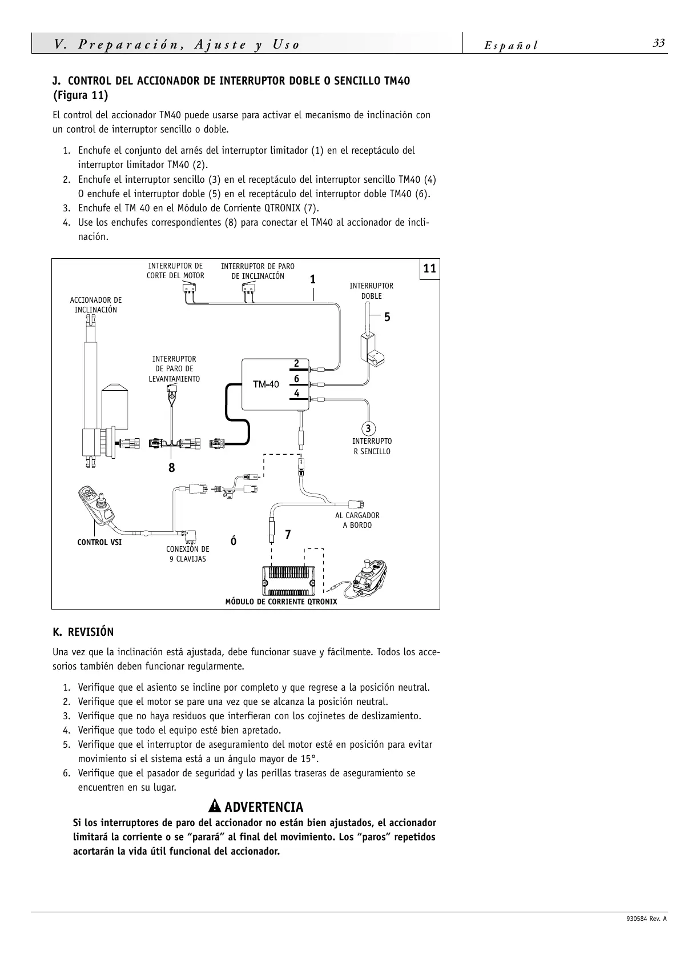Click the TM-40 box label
[x=266, y=384]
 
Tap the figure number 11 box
[x=430, y=268]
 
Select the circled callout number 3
[x=368, y=428]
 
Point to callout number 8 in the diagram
[x=171, y=468]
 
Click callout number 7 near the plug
[x=288, y=535]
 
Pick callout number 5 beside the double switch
[x=387, y=317]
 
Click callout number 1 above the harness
[x=313, y=279]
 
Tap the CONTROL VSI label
[x=99, y=542]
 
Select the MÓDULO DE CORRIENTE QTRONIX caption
[x=281, y=602]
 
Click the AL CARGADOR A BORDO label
[x=357, y=520]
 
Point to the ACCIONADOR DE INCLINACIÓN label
[x=95, y=305]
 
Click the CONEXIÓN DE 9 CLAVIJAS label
[x=187, y=554]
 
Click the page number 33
[x=659, y=44]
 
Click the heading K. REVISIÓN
[x=83, y=632]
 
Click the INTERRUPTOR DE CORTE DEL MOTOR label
[x=175, y=271]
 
